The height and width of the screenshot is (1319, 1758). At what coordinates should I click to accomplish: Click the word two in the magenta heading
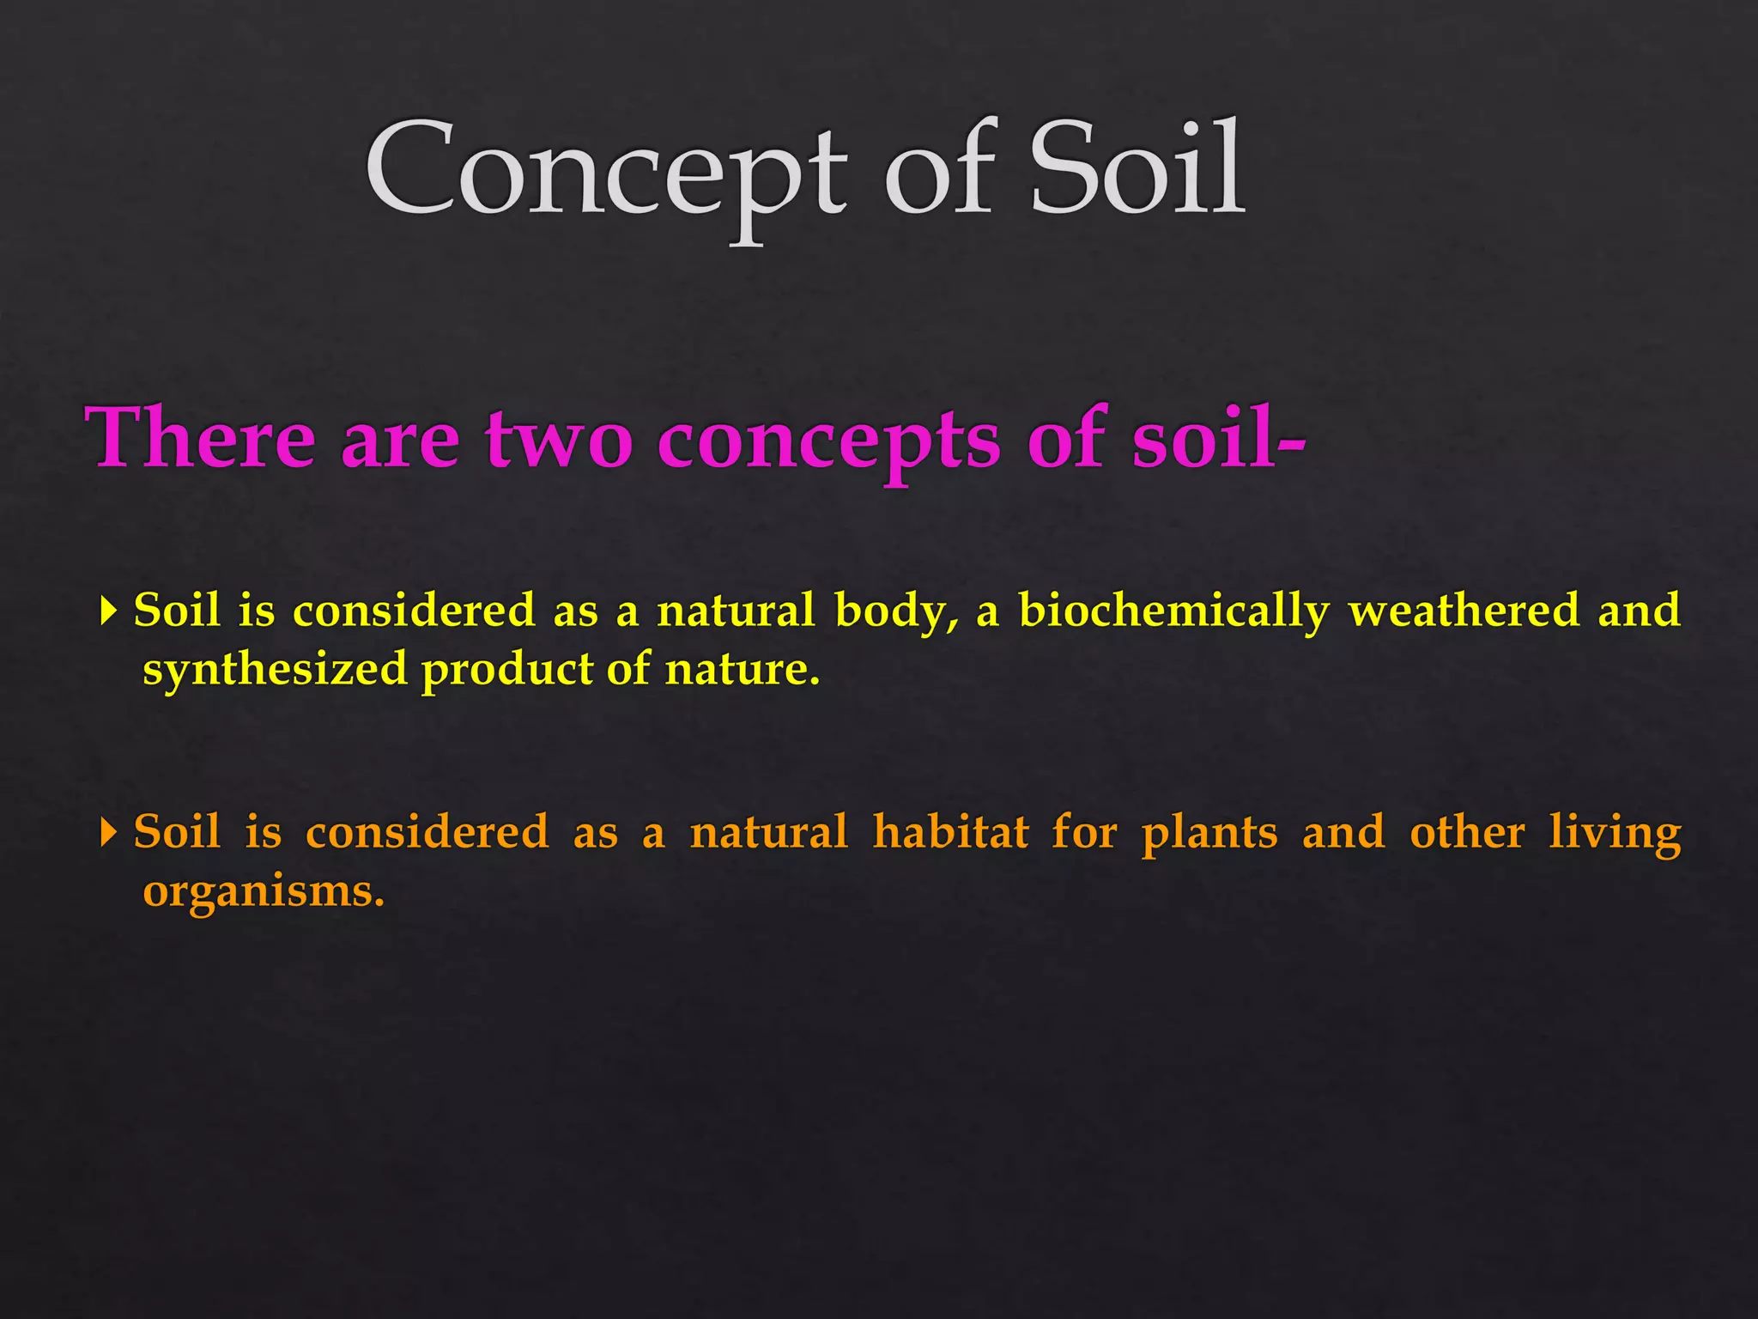point(559,440)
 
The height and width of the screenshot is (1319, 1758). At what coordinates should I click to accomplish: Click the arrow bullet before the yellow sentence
point(108,611)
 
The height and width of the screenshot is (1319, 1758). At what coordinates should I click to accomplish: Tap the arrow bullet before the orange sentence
point(108,832)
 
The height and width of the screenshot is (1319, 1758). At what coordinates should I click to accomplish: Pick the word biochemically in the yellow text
point(1173,611)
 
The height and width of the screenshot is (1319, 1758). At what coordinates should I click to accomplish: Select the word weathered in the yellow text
point(1464,610)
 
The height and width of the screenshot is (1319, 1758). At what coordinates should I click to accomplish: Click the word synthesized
point(275,670)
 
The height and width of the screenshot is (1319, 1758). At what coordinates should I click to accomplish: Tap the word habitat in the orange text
point(950,831)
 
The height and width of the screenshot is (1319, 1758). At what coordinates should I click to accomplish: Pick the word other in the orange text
point(1467,831)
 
